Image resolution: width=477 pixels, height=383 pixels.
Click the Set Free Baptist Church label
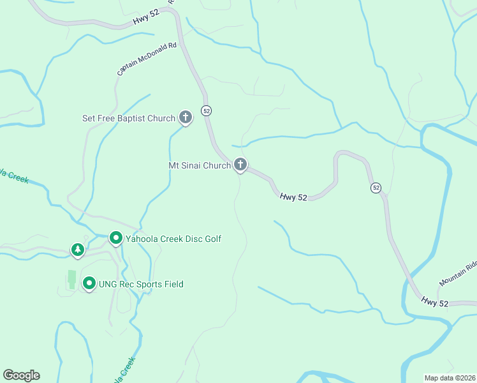(x=128, y=118)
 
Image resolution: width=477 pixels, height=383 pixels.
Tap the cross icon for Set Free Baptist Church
(x=185, y=117)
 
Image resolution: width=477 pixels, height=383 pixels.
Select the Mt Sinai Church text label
(x=199, y=165)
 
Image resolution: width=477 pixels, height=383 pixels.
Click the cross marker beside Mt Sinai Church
(x=240, y=165)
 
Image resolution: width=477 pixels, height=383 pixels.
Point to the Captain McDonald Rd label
(x=147, y=59)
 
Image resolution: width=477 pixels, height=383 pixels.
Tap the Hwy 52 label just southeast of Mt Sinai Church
(x=293, y=198)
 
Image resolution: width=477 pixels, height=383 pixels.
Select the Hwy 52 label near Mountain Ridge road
(x=434, y=302)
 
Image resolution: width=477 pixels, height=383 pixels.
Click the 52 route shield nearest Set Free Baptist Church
(x=206, y=110)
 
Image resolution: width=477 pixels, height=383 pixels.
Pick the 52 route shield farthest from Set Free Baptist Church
(x=376, y=188)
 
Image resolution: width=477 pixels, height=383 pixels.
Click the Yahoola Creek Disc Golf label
(x=173, y=239)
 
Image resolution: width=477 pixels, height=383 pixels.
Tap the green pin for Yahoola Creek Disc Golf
(x=116, y=238)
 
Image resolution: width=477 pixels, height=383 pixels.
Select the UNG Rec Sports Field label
(x=141, y=284)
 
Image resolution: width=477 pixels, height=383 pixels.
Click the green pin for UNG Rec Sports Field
(x=89, y=283)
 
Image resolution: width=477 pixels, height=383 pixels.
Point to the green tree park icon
(x=78, y=249)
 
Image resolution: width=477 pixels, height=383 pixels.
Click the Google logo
(x=21, y=375)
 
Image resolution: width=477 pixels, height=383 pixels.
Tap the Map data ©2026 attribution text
(x=450, y=378)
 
